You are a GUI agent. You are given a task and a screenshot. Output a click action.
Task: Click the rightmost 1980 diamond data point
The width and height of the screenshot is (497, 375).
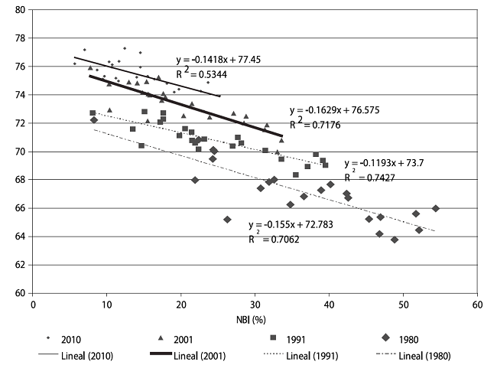[x=436, y=208]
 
